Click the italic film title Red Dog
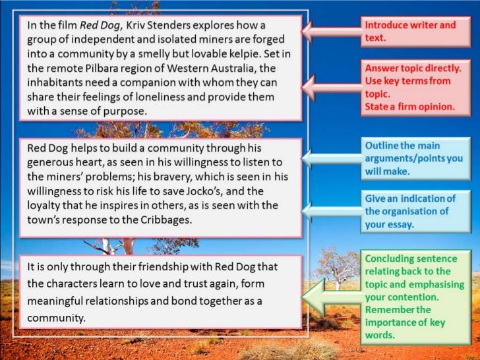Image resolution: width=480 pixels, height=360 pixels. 97,26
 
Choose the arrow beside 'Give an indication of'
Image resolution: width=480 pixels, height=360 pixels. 333,208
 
